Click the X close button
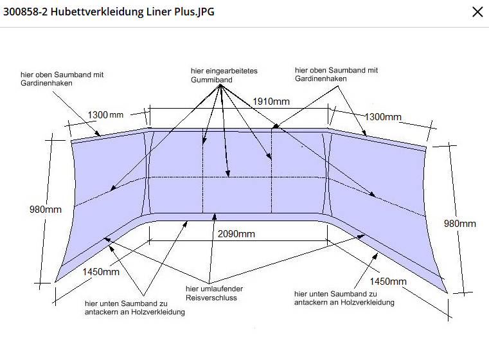tap(477, 12)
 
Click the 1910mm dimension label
tap(271, 102)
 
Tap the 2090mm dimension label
tap(236, 233)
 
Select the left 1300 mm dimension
tap(105, 115)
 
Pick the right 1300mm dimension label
tap(383, 117)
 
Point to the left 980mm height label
tap(46, 210)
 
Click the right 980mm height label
tap(460, 223)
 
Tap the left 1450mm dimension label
tap(101, 272)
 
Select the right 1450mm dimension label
tap(388, 282)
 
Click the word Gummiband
tap(211, 80)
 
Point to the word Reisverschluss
tap(211, 298)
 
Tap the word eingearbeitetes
tap(232, 71)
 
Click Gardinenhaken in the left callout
tap(46, 84)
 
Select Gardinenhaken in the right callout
tap(321, 78)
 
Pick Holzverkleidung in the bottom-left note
tap(158, 312)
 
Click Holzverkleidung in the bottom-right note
tap(368, 302)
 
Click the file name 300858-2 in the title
tap(26, 12)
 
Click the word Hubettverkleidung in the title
tap(97, 12)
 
